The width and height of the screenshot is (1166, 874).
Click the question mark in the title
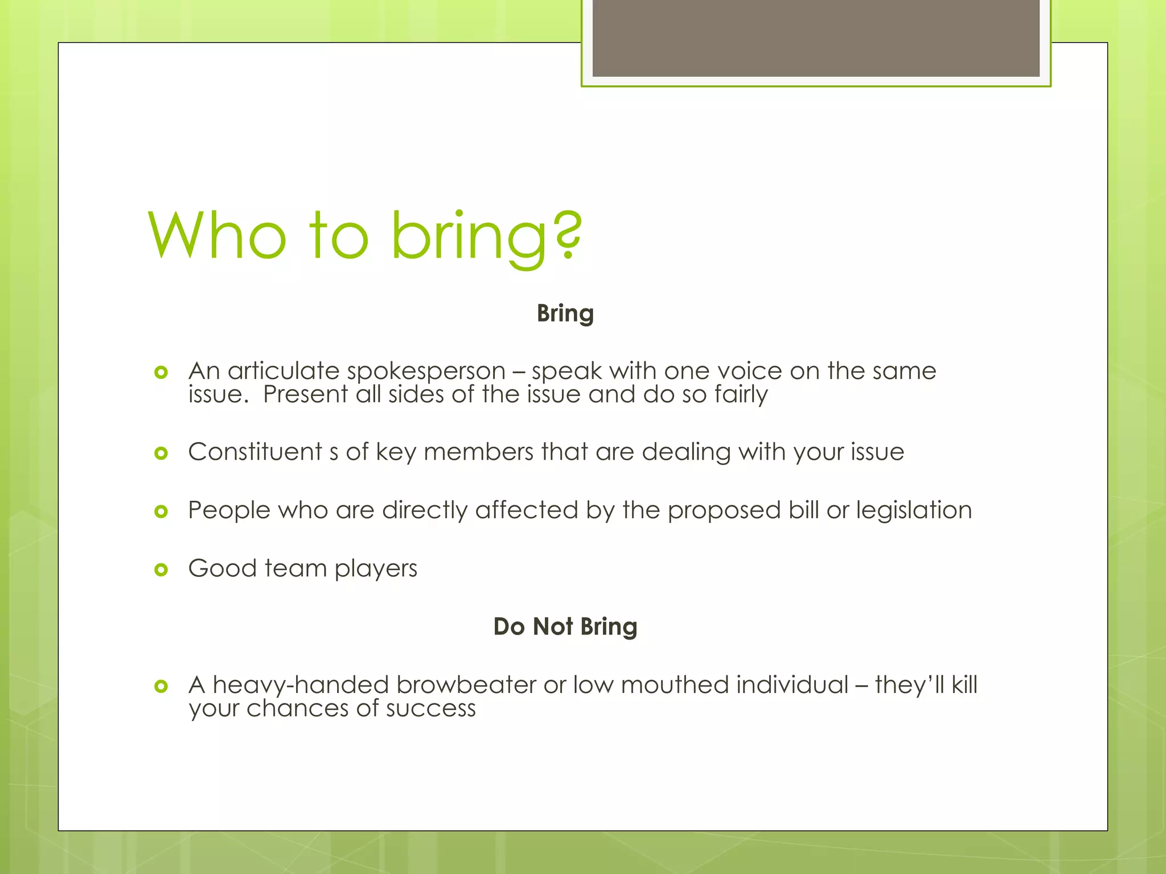568,234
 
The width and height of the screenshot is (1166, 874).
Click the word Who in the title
217,234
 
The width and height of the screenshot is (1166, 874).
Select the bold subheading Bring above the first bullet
565,314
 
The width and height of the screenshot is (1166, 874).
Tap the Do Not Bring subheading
565,626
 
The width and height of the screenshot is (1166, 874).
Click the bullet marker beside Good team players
161,569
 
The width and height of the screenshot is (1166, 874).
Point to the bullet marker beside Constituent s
161,453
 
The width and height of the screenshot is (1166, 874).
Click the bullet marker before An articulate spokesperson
161,372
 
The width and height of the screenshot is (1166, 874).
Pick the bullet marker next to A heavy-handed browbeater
161,686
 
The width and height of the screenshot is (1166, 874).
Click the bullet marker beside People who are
161,511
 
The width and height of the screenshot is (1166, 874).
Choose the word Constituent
255,452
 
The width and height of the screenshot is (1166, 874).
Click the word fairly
741,395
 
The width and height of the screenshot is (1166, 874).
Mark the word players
376,569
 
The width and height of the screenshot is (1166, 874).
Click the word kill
964,685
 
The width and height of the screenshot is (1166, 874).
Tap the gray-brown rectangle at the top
816,38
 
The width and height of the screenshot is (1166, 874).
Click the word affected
527,510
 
